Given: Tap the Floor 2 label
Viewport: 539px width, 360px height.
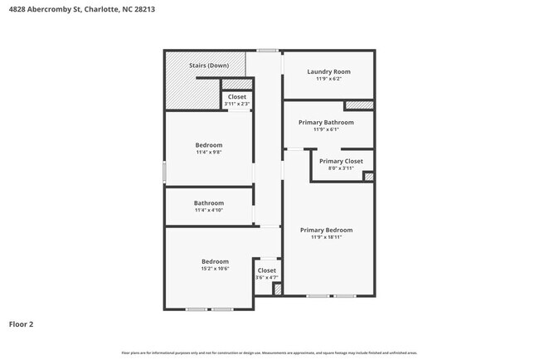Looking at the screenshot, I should pos(22,324).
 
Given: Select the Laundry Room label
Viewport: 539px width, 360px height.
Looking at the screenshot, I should pos(328,71).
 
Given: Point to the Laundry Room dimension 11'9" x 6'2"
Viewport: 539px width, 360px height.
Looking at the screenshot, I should pos(328,79).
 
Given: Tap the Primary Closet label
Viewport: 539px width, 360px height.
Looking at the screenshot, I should pos(341,161).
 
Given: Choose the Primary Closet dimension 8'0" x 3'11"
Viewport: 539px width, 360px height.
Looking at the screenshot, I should pos(341,168).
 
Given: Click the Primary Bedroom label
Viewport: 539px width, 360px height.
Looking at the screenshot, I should pos(326,230).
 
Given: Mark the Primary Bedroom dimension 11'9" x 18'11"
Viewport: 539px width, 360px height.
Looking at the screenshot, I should pos(326,237).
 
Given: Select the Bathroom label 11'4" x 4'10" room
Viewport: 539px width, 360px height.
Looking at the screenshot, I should pos(208,203).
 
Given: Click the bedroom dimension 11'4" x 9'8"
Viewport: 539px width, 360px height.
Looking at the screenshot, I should pos(208,153).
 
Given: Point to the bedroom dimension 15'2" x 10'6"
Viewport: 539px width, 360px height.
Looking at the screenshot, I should pos(208,269).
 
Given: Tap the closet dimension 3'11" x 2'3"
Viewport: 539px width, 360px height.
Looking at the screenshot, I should pos(236,104).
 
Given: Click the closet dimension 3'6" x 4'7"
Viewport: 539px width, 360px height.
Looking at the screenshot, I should pos(266,278).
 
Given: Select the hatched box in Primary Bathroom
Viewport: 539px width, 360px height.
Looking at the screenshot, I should pos(359,105).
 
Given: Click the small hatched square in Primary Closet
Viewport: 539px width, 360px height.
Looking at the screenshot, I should pos(369,176).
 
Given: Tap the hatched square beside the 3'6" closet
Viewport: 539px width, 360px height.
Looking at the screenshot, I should pos(278,289).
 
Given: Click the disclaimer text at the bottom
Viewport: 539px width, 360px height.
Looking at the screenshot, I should pos(269,353).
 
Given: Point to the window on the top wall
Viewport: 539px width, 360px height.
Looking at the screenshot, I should pos(267,51).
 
